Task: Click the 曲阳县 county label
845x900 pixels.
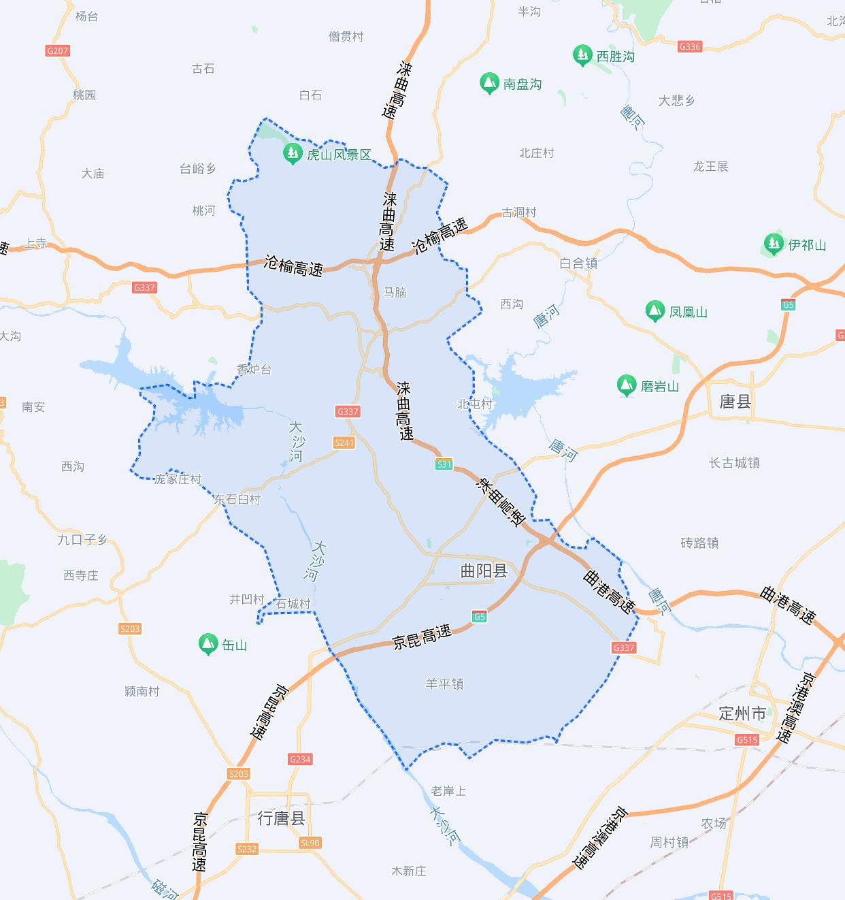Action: click(484, 570)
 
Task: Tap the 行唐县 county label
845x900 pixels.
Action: click(281, 818)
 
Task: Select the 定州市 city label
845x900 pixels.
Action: click(742, 713)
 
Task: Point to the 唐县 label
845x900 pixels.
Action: click(735, 402)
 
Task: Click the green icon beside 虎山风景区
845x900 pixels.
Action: click(293, 154)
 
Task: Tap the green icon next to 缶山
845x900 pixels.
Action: click(208, 644)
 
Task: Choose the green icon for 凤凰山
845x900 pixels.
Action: click(655, 311)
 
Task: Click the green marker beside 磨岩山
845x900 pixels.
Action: click(626, 386)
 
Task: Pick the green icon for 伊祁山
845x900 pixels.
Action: click(773, 244)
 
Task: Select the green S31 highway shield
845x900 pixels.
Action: click(444, 464)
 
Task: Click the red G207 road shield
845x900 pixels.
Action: click(58, 51)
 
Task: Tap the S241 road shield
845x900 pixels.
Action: click(344, 443)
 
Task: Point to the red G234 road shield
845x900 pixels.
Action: click(300, 759)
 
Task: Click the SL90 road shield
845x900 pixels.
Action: click(310, 843)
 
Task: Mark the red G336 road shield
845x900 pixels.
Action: click(690, 46)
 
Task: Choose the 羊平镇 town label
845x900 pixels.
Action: click(444, 684)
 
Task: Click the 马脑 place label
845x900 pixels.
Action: click(395, 292)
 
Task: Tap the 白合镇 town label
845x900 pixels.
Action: click(578, 263)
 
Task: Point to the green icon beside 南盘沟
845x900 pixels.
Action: click(488, 84)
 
